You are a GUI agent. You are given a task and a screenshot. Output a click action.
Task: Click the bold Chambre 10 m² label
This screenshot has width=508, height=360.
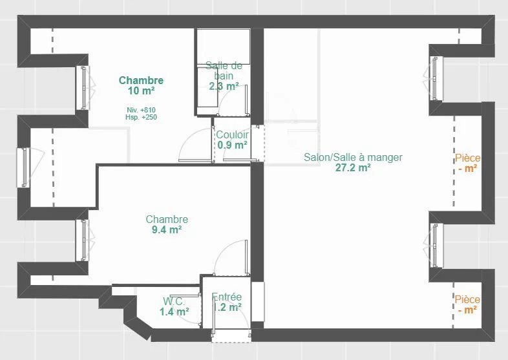(x=142, y=85)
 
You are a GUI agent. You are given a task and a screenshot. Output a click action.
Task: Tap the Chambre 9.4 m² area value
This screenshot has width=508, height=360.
(x=167, y=229)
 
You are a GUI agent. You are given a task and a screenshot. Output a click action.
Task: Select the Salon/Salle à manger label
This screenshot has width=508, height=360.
(x=353, y=158)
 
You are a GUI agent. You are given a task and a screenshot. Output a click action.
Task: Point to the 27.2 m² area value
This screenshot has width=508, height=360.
(x=353, y=168)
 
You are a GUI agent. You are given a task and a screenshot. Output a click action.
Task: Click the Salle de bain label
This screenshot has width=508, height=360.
(x=224, y=70)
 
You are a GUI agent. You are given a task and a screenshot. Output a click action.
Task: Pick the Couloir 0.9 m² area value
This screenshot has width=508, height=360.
(x=232, y=145)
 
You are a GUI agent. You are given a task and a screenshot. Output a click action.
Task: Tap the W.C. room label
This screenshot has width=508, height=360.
(x=174, y=301)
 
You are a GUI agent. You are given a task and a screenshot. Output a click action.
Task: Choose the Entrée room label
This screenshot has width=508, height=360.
(x=226, y=297)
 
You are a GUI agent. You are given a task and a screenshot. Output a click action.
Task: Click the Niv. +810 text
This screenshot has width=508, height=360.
(x=142, y=110)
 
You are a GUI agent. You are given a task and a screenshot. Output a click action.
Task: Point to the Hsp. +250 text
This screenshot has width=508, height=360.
(x=142, y=117)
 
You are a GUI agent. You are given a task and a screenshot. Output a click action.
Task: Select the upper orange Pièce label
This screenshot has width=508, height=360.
(x=467, y=158)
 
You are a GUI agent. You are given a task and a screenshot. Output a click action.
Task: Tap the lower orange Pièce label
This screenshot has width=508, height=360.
(x=467, y=299)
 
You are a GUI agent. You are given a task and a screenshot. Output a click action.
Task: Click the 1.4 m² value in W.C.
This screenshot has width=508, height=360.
(x=175, y=312)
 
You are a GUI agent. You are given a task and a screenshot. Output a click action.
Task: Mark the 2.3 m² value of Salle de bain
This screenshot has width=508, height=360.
(x=224, y=87)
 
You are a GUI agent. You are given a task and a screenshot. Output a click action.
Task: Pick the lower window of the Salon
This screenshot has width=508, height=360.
(x=434, y=246)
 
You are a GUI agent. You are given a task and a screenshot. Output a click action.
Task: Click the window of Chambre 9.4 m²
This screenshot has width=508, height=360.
(x=85, y=240)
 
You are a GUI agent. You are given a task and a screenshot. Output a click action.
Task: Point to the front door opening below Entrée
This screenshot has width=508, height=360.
(x=231, y=336)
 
